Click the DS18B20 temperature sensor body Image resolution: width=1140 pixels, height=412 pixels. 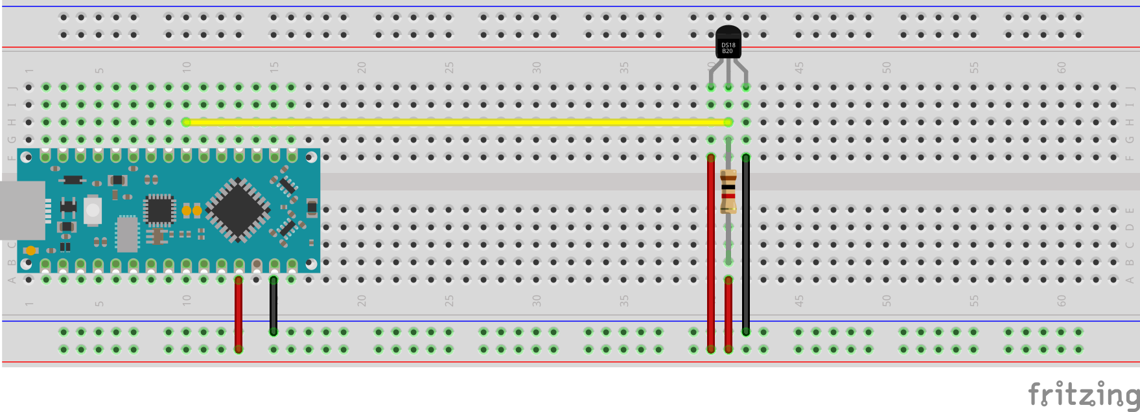[728, 43]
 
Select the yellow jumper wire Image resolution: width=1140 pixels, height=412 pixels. [454, 122]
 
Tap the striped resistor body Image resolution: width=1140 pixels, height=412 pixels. [728, 191]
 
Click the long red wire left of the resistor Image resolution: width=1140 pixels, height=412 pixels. [711, 253]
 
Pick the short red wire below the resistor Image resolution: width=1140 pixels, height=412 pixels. [728, 314]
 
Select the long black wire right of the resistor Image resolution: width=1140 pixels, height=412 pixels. [746, 246]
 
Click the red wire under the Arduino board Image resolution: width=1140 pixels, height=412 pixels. [238, 314]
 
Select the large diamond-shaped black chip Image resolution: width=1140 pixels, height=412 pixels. [238, 210]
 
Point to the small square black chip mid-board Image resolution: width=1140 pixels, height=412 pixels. [159, 209]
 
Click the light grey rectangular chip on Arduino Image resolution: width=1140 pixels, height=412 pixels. [127, 234]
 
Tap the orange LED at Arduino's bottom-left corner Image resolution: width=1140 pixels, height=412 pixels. [30, 250]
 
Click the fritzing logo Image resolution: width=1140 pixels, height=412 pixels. [1083, 393]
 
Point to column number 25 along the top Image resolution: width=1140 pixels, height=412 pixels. [448, 67]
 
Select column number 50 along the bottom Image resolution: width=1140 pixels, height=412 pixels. [886, 301]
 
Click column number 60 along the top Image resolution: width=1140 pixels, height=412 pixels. [1061, 67]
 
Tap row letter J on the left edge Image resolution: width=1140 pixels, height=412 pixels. [11, 87]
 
